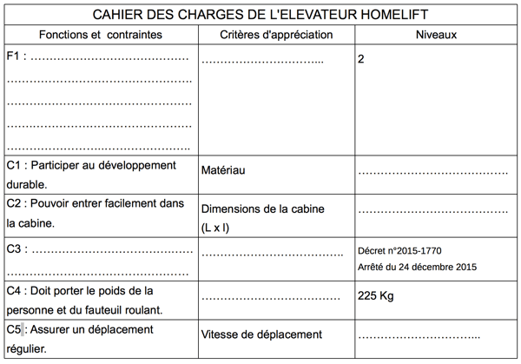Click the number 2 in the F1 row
[x=360, y=59]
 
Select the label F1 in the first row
[x=12, y=56]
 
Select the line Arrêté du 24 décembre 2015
[x=417, y=267]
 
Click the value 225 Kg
[x=376, y=295]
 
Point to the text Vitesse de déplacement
[x=261, y=334]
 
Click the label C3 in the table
[x=14, y=249]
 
